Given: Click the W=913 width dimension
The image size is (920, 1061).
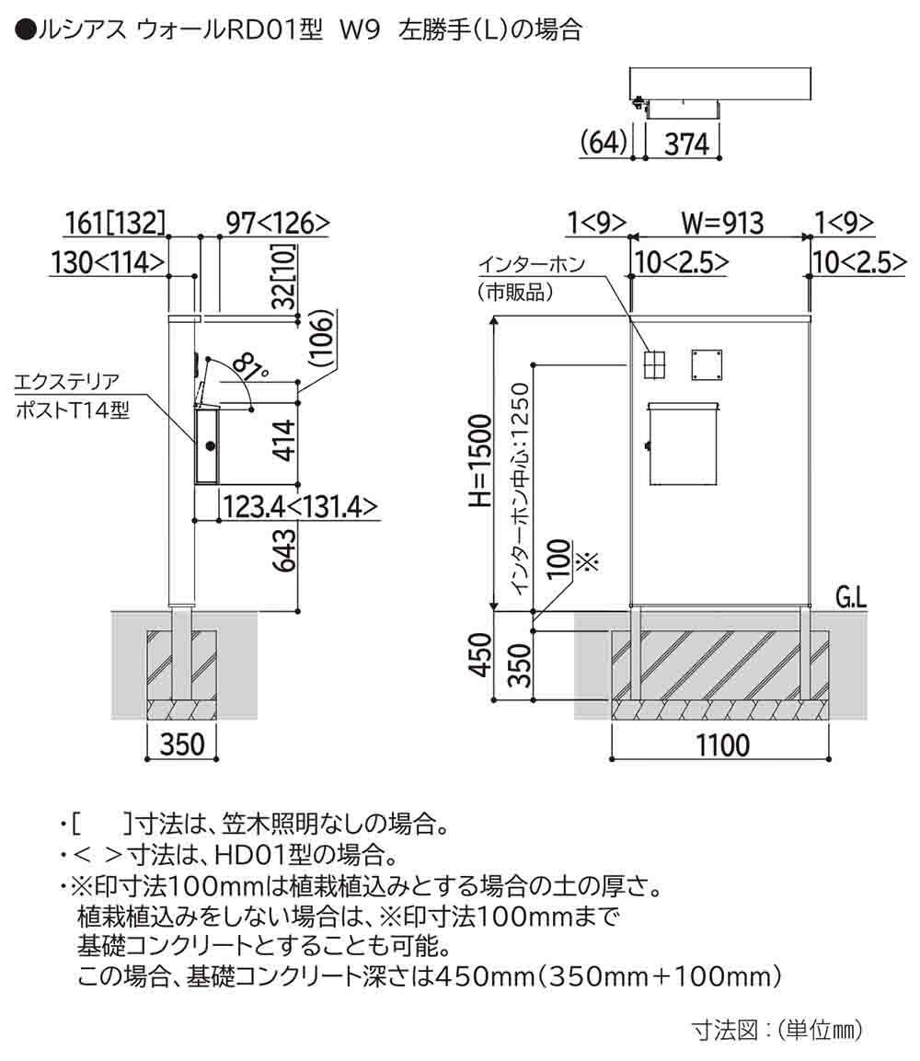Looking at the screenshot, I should pos(722,224).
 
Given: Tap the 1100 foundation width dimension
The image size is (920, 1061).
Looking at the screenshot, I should pos(722,744).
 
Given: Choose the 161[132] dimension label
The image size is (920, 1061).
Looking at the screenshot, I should pos(115,224).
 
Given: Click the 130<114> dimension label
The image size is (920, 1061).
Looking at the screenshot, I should pos(109,263).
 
